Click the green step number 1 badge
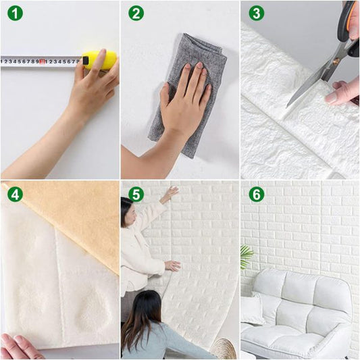click(15, 14)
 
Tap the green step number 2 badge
click(136, 14)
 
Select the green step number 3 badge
click(256, 14)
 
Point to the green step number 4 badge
click(15, 195)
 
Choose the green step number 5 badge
click(136, 195)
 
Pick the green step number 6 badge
click(256, 195)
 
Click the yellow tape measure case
click(99, 60)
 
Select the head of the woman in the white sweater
click(126, 213)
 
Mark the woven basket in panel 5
click(222, 349)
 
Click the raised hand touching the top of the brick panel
click(169, 194)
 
